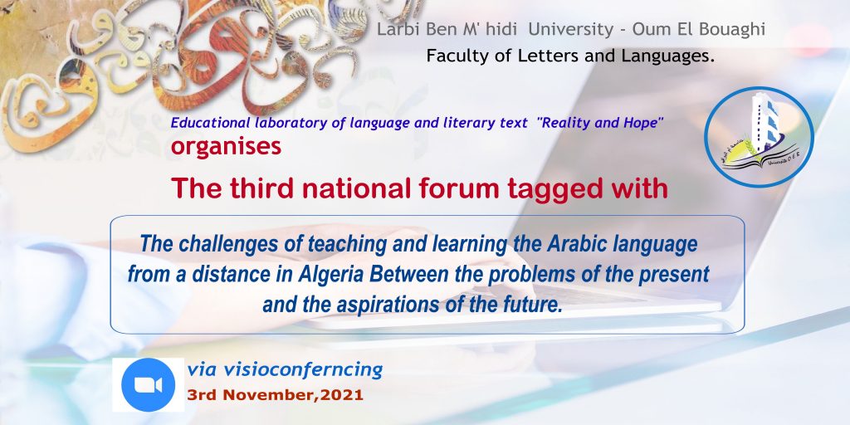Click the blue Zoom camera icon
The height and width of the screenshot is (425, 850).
click(x=148, y=385)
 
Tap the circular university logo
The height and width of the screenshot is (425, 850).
click(x=759, y=137)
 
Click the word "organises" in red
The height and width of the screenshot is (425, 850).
click(x=226, y=147)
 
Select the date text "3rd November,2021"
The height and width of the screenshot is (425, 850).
click(x=275, y=395)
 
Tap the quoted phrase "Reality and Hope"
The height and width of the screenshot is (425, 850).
click(x=600, y=123)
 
